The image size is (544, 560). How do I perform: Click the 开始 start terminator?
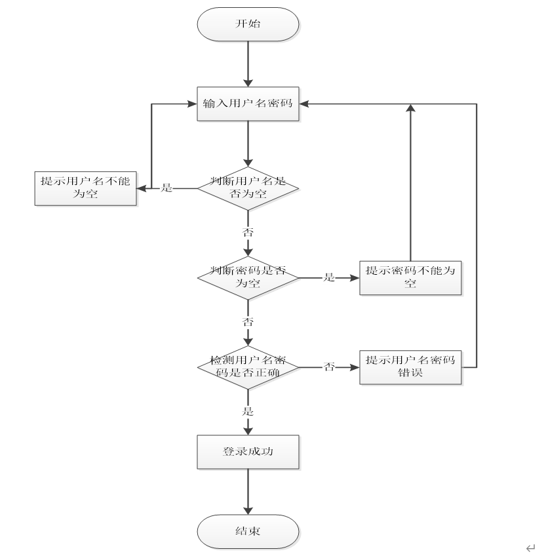[248, 24]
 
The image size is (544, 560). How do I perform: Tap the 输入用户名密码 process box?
[248, 104]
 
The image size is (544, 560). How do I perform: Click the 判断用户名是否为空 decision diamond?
[248, 188]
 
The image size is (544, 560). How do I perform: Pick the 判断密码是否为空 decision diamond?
[248, 277]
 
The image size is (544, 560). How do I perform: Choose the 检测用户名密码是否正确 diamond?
[248, 367]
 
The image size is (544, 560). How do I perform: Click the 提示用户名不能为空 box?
[85, 188]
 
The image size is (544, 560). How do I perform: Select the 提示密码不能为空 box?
[411, 277]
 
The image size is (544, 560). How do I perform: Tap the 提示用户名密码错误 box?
[411, 367]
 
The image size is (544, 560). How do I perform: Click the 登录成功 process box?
[248, 452]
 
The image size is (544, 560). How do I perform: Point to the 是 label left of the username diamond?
[166, 188]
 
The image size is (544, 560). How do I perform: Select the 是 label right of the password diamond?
[329, 277]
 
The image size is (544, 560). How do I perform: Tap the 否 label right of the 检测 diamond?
[329, 367]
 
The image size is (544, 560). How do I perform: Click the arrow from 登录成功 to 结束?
[248, 492]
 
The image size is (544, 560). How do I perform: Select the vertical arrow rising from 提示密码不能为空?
[411, 184]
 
